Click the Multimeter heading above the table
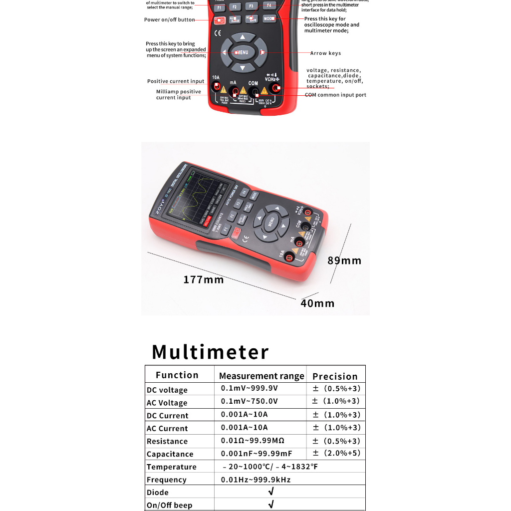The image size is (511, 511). point(210,352)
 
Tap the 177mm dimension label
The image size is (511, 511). point(204,279)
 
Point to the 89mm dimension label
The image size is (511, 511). point(344,260)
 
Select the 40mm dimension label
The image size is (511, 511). point(317,303)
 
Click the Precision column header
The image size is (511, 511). point(335,376)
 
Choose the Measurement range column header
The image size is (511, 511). point(261,376)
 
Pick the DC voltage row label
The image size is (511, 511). point(167,390)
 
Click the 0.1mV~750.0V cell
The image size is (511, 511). point(250,401)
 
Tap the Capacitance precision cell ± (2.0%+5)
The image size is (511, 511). point(336,453)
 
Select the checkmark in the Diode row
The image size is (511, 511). point(271,492)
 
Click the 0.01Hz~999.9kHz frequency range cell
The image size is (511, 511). point(255,480)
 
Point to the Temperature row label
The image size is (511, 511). point(172,467)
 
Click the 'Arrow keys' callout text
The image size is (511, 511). point(325,53)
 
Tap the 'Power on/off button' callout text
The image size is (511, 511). point(170,20)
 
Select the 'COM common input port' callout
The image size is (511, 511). point(335,95)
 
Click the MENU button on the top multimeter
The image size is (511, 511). point(242,52)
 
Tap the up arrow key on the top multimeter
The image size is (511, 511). point(243,37)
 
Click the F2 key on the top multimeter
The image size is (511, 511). point(235,7)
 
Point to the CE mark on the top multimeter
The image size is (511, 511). point(218,33)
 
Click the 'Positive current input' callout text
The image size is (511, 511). point(176,81)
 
